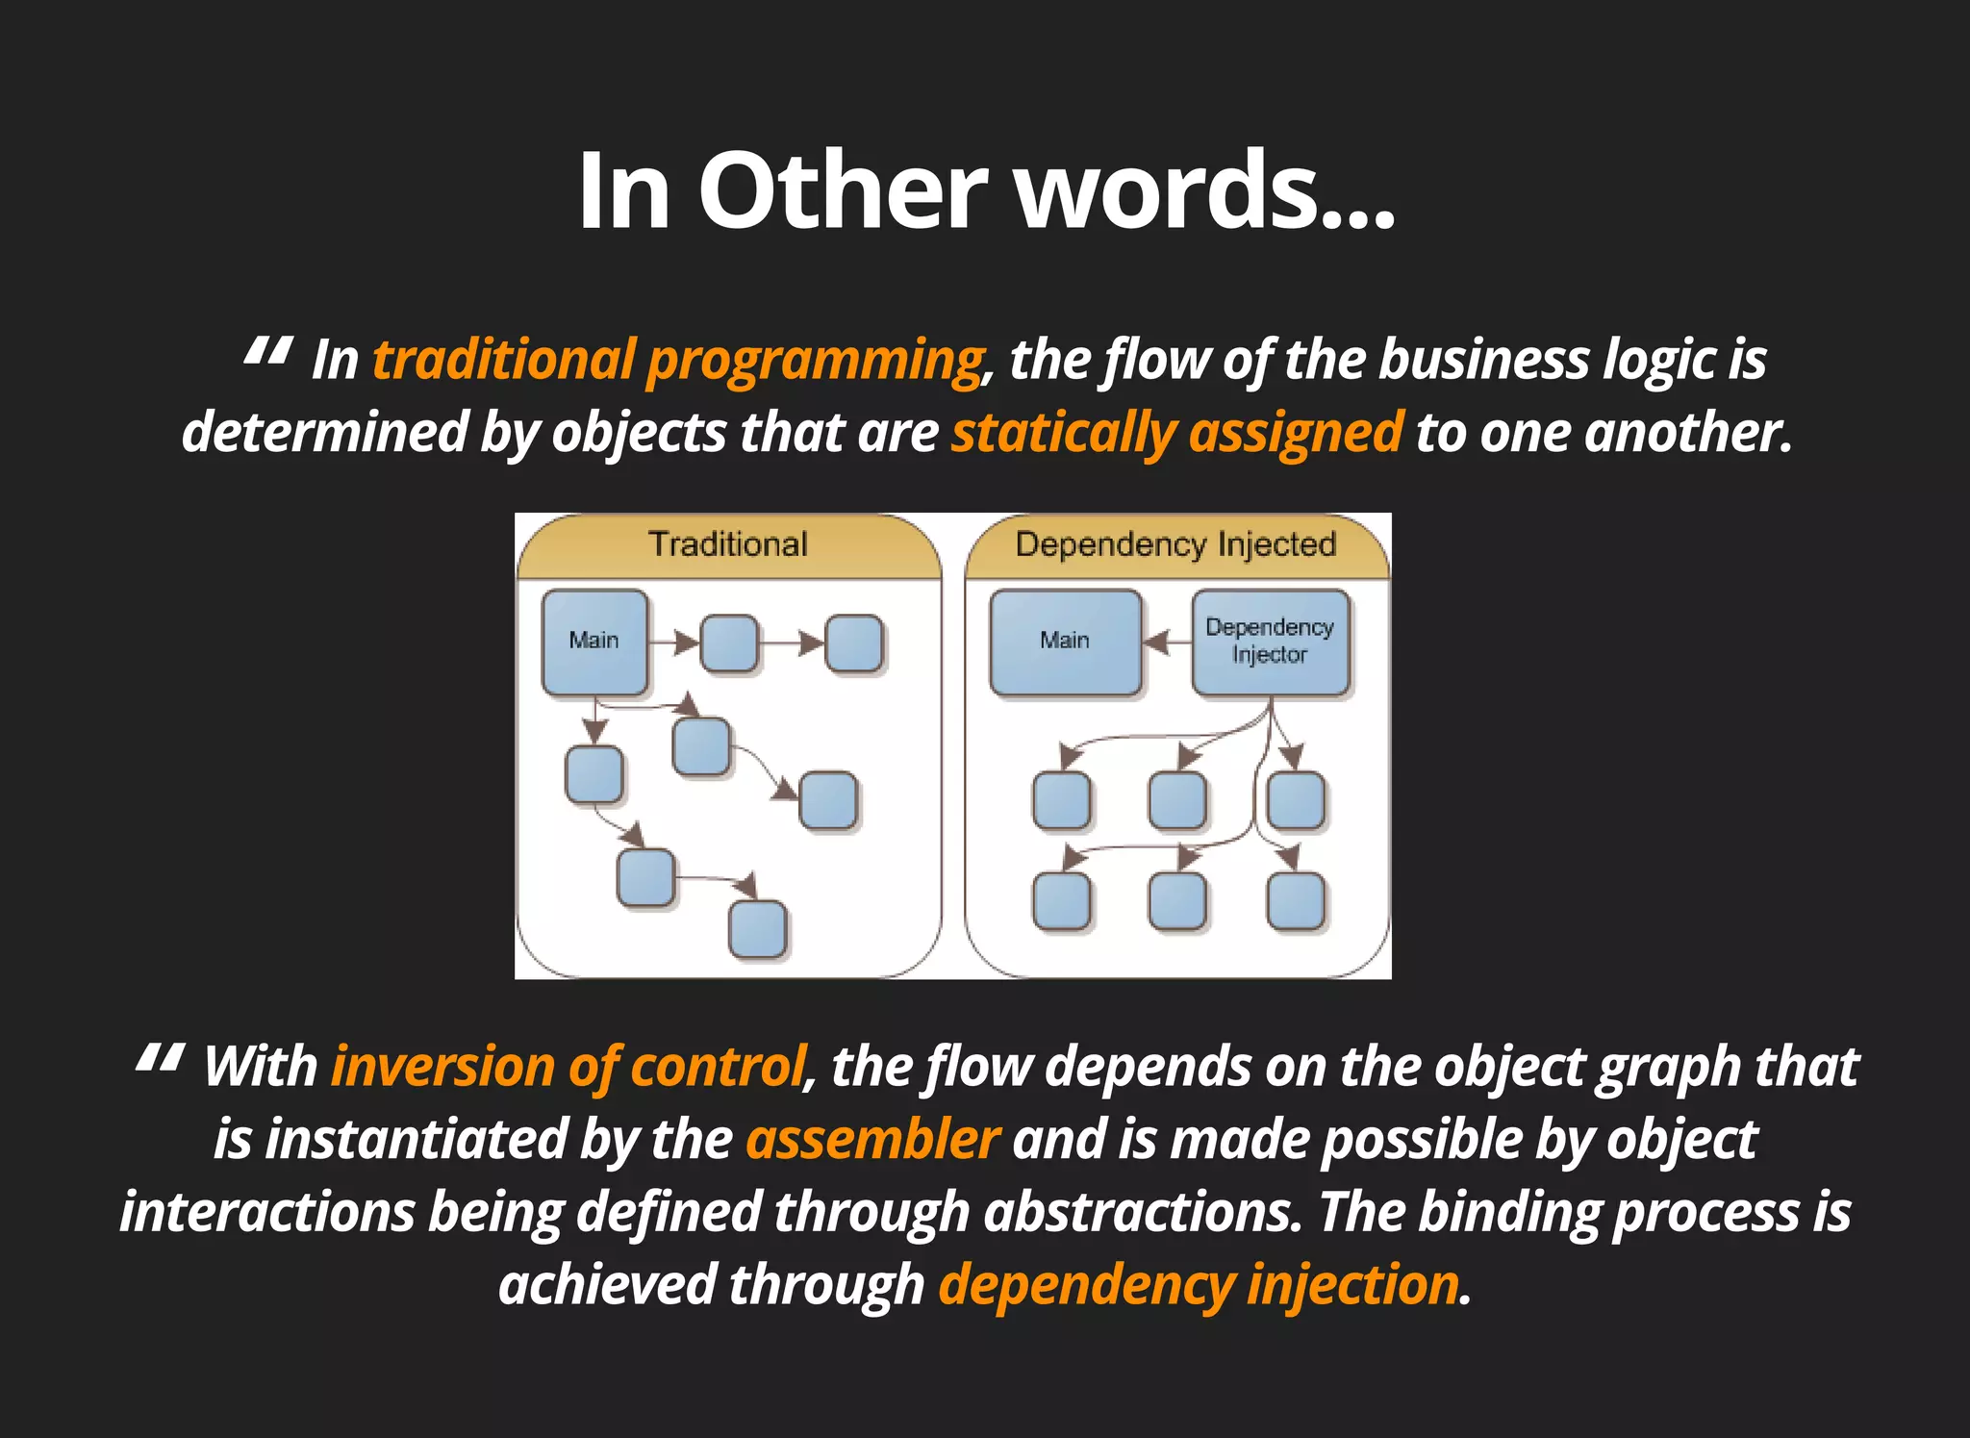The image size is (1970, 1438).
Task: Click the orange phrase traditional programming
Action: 677,361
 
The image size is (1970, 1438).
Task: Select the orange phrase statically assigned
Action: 1176,433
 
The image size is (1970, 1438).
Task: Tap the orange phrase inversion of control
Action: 568,1068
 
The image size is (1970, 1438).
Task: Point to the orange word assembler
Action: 872,1141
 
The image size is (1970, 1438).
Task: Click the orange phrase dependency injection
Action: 1199,1286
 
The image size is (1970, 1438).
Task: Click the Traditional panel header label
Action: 728,544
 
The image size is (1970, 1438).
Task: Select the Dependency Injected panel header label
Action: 1175,544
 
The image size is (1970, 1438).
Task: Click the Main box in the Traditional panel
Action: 594,641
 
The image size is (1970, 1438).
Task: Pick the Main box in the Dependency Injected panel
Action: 1065,641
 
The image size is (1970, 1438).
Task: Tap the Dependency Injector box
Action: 1270,641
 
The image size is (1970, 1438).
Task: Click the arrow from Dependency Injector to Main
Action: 1166,641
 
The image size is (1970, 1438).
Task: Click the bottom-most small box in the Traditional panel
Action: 758,929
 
